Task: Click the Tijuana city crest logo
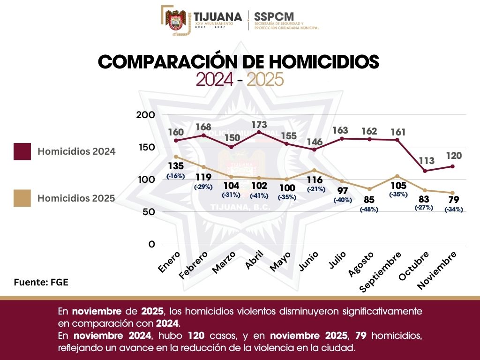click(176, 21)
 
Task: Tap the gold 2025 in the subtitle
click(265, 80)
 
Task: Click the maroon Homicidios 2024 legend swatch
click(22, 151)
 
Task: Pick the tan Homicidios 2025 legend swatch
click(22, 198)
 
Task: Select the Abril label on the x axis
click(254, 260)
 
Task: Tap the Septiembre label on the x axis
click(381, 272)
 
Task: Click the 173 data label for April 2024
click(259, 125)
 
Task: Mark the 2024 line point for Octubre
click(425, 171)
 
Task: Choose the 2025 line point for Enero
click(176, 157)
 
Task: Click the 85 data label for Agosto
click(368, 200)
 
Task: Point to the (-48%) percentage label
click(368, 210)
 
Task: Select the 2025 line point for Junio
click(315, 170)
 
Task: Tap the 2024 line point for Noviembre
click(452, 166)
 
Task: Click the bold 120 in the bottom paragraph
click(195, 336)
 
